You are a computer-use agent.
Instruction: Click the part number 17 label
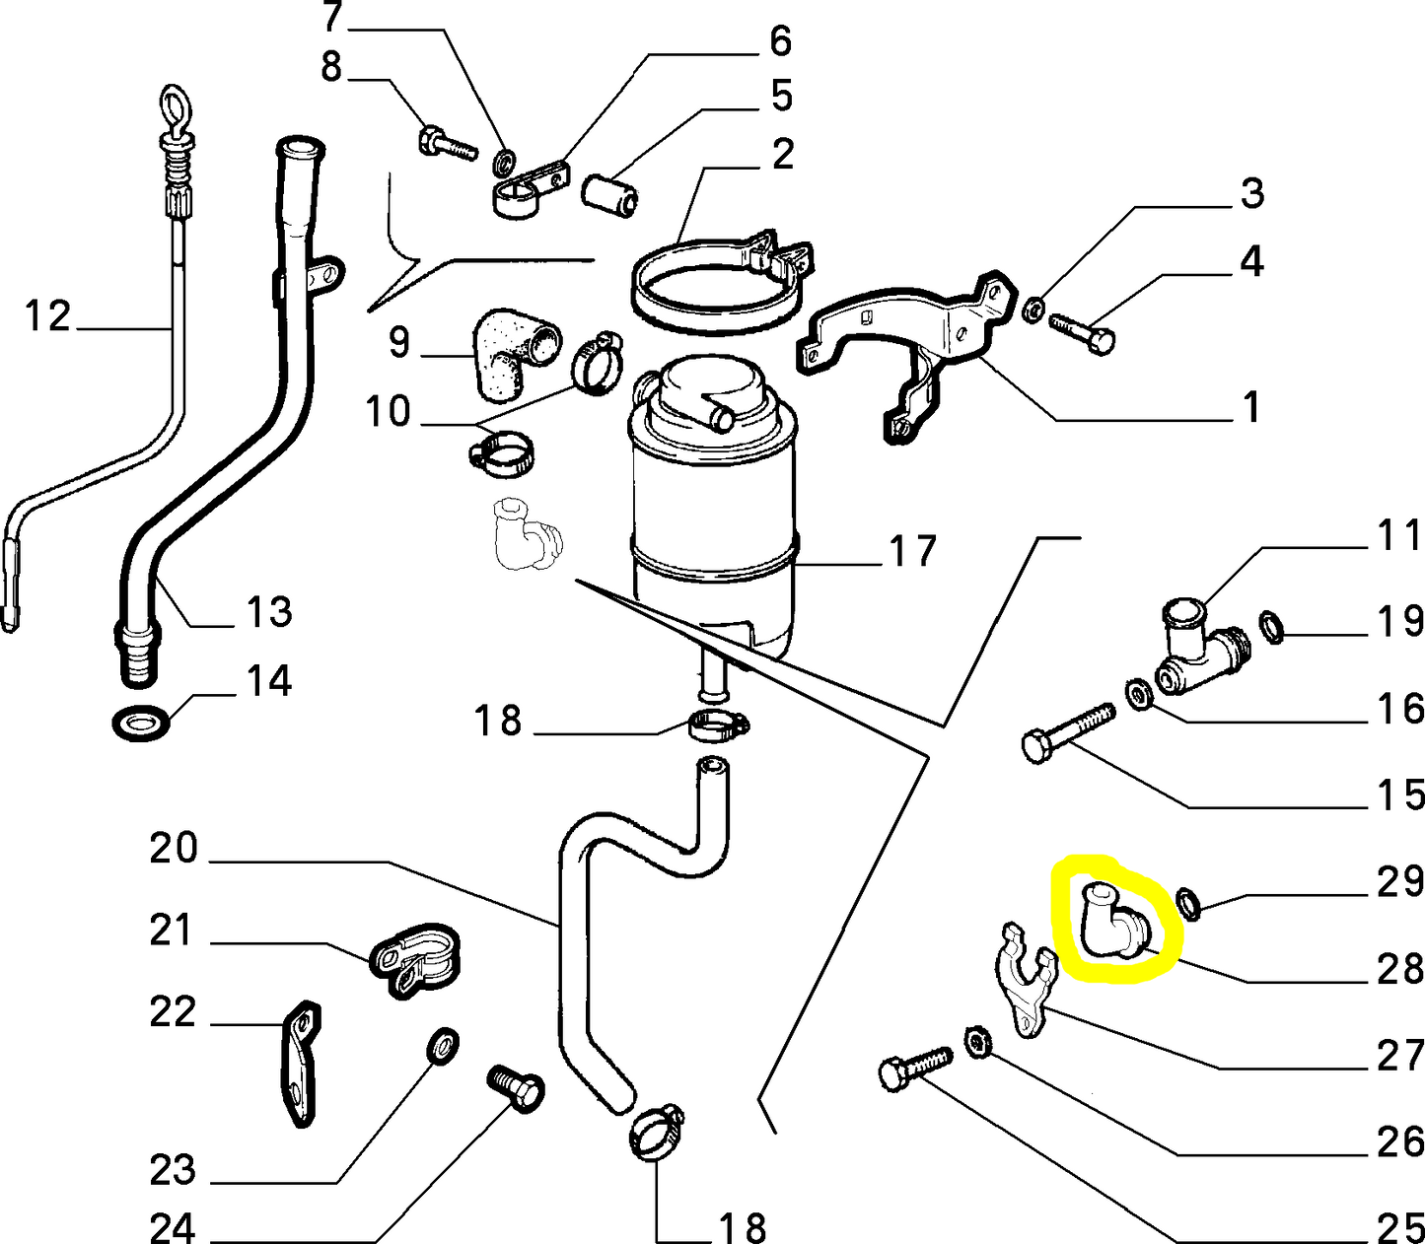click(912, 552)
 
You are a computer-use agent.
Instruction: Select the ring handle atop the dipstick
click(175, 105)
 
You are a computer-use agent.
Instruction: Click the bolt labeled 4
click(1082, 329)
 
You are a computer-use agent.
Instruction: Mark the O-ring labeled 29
click(1188, 901)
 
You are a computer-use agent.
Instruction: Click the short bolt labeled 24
click(516, 1087)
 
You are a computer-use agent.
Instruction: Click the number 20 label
click(175, 848)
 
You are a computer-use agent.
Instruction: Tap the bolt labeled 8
click(447, 143)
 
